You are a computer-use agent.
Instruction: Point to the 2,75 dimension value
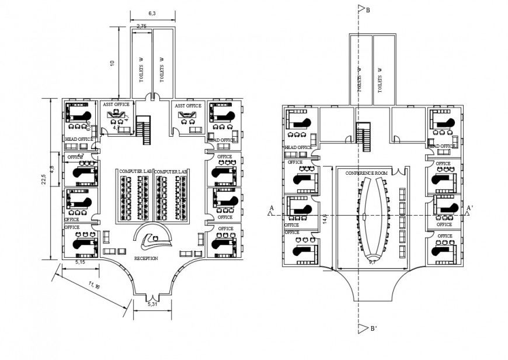[x=141, y=27]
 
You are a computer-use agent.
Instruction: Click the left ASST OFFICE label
[x=116, y=105]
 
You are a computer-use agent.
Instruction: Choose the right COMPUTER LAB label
[x=172, y=171]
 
